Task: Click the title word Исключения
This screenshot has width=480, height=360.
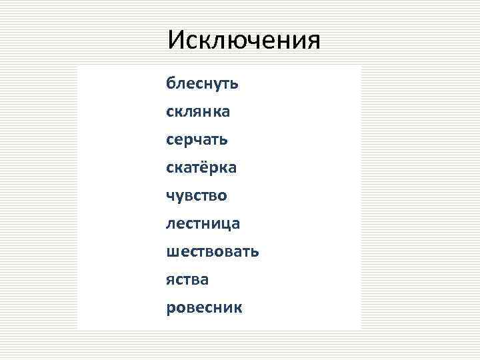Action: click(x=244, y=41)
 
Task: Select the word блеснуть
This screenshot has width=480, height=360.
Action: click(x=203, y=84)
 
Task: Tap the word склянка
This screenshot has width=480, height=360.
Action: click(x=198, y=113)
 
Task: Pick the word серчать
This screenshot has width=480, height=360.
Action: click(x=197, y=141)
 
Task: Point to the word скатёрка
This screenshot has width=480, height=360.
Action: click(x=201, y=168)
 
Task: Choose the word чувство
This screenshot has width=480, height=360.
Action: click(x=197, y=196)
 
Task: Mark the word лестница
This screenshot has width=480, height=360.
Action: click(x=203, y=224)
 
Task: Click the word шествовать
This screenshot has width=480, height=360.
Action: click(x=213, y=252)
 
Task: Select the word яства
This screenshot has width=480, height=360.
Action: click(x=187, y=280)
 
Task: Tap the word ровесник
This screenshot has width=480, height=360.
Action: click(x=205, y=308)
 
